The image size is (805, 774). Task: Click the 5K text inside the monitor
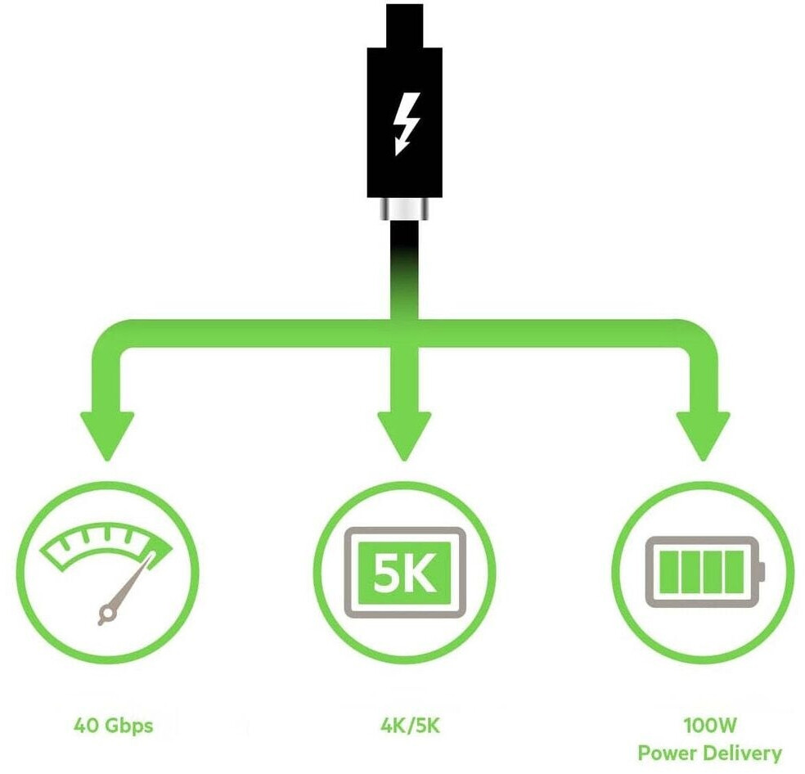[x=405, y=569]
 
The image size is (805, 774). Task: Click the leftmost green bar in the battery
[x=668, y=570]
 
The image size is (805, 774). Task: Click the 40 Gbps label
[x=113, y=725]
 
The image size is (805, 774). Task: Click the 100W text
[x=709, y=725]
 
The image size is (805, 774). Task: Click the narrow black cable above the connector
[x=405, y=20]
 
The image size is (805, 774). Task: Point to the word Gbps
[x=129, y=726]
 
